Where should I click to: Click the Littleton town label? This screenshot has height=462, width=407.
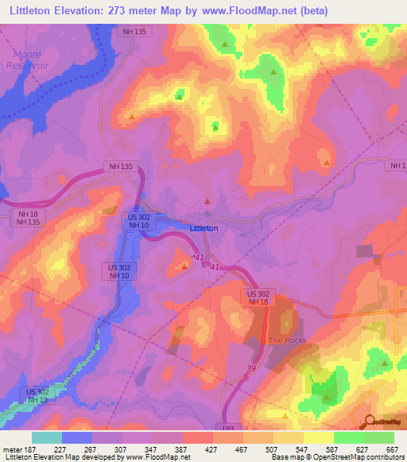pos(204,228)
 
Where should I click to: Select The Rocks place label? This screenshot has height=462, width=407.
pos(286,340)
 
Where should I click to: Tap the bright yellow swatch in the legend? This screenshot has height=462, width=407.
pos(318,437)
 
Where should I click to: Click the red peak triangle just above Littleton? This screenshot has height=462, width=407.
pos(207,202)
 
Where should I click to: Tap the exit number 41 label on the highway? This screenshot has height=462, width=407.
pos(215,268)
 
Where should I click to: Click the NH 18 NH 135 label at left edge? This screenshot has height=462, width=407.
pos(28,219)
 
